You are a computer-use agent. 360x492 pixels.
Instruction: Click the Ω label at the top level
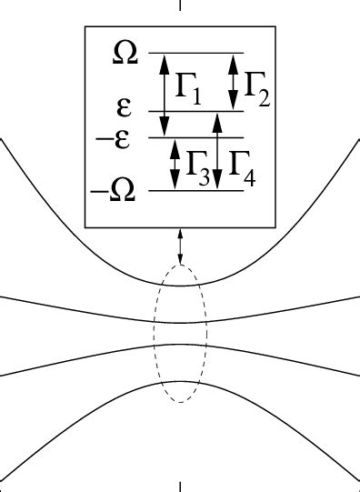[125, 53]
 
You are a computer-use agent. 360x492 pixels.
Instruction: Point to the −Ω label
[114, 193]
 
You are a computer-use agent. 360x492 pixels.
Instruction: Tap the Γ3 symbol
[199, 166]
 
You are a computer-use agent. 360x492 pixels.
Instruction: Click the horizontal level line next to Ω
[195, 54]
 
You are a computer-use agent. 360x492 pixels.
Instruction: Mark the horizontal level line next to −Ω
[195, 191]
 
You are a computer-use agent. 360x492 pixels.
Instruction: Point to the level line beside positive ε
[195, 112]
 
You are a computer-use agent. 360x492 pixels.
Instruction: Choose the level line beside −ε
[195, 137]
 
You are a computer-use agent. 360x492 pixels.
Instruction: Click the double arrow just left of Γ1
[165, 95]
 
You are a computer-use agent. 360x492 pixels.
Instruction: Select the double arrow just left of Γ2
[233, 82]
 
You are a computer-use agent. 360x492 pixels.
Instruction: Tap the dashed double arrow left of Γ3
[175, 164]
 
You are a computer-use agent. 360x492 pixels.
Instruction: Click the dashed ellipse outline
[154, 333]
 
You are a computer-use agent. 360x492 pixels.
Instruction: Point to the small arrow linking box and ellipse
[180, 246]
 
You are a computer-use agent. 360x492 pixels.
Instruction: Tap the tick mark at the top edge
[180, 5]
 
